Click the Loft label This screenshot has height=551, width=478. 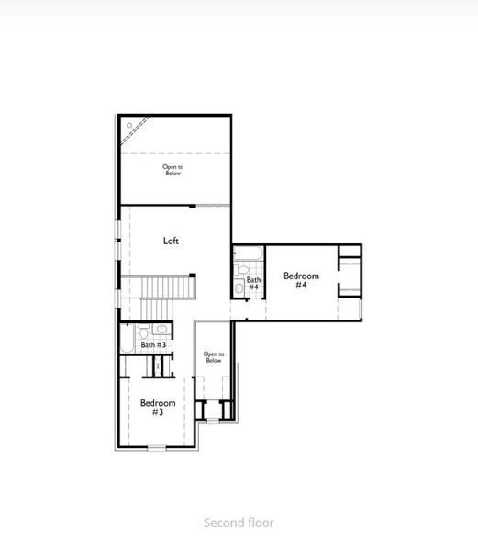coord(171,242)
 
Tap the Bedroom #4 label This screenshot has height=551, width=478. coord(301,280)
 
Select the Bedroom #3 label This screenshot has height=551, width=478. coord(158,407)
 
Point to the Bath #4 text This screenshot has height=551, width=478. coord(253,283)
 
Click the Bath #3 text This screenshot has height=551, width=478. coord(153,345)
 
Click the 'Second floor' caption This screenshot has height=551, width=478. coord(239,523)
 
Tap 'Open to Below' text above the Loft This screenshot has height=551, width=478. coord(172,170)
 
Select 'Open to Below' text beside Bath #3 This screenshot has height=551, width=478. coord(213,357)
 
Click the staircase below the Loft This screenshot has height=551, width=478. coord(168,287)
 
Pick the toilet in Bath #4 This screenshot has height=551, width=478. coord(239,287)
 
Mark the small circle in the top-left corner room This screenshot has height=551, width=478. coord(129,125)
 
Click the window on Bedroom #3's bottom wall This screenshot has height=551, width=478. coord(157,448)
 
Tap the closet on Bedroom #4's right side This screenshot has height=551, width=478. coord(349,272)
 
